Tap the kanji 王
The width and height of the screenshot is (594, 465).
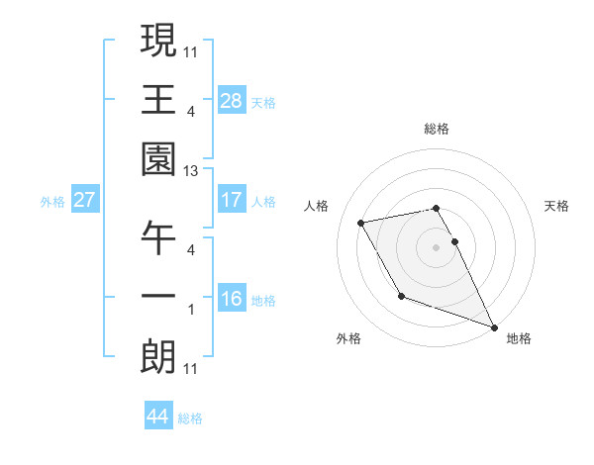(x=158, y=100)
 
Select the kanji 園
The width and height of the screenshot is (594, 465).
(x=158, y=159)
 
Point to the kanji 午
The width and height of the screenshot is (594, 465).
(x=158, y=238)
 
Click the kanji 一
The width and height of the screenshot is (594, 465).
(x=158, y=298)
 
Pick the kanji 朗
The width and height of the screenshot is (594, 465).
(x=158, y=357)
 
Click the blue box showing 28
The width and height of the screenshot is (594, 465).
(x=232, y=100)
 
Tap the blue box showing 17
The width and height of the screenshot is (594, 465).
(x=232, y=199)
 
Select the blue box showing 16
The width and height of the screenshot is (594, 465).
(x=232, y=298)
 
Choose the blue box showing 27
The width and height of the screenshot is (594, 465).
(x=84, y=199)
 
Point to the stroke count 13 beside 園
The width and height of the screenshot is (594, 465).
(x=191, y=171)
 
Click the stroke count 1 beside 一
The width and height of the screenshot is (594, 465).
(x=191, y=310)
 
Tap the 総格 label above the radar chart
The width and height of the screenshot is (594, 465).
(x=437, y=129)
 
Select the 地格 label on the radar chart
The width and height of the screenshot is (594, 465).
(x=519, y=338)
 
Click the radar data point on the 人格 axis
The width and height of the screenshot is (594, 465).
(x=361, y=223)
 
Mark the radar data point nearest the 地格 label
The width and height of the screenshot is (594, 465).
(x=494, y=326)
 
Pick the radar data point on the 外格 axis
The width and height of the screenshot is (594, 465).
(x=401, y=296)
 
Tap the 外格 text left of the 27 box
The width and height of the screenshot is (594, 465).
(x=52, y=201)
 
